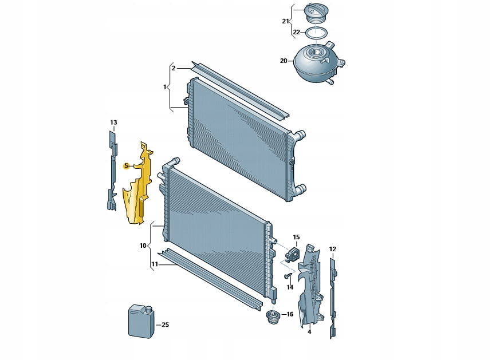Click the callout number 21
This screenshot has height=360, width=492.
coord(285,21)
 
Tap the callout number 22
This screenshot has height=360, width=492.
coord(297,32)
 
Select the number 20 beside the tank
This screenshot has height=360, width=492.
coord(284,61)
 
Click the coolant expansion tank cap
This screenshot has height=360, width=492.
coord(314,14)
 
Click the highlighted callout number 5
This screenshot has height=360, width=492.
coord(127,166)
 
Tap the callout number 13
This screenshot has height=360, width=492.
coord(113,122)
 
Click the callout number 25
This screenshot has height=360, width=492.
coord(166,325)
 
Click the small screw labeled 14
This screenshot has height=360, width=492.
coord(288,276)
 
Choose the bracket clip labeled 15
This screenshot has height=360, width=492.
coord(292,253)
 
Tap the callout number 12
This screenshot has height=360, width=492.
coord(333,249)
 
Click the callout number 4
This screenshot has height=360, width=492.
coord(310,332)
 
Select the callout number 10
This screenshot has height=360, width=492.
coord(143,246)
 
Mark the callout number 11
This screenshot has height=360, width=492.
coord(155,264)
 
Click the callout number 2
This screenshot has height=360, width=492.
coord(174,68)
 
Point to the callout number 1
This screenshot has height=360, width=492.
coord(165,86)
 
